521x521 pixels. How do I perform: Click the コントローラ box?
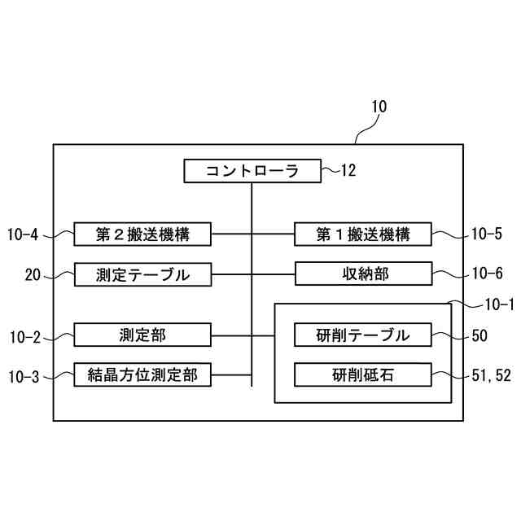[252, 171]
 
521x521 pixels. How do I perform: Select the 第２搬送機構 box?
[142, 235]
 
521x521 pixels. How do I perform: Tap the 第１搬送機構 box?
[362, 235]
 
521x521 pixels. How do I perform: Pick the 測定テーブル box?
[142, 274]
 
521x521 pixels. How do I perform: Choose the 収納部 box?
[362, 274]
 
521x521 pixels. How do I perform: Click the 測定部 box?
[142, 335]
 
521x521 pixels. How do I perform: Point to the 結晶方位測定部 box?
[142, 375]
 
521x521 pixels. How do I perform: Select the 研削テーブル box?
[362, 335]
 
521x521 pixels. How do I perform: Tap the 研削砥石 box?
[362, 375]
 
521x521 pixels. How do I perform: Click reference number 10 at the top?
[379, 107]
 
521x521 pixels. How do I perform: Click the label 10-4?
[23, 235]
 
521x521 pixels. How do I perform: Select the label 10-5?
[487, 235]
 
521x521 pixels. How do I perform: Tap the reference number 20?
[33, 275]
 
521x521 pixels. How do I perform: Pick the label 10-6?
[487, 275]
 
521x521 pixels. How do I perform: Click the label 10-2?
[23, 335]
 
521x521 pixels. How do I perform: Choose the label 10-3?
[23, 376]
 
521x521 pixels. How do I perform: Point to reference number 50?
[479, 335]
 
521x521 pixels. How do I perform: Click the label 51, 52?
[491, 376]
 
